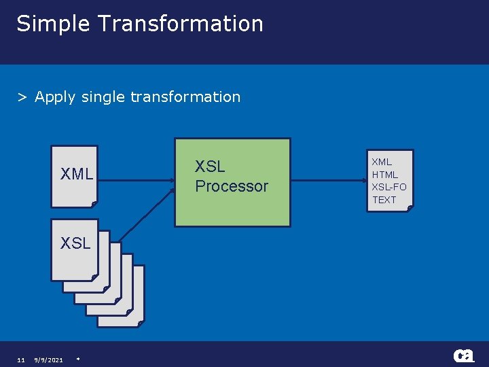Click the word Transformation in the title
coord(180,23)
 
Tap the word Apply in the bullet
coord(55,98)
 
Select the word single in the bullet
coord(103,98)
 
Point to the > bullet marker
coord(22,98)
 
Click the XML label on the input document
coord(77,174)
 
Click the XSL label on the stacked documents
coord(75,243)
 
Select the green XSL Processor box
coord(232,204)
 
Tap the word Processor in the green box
coord(232,186)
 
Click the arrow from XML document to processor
coord(136,181)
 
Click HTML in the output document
coord(385,175)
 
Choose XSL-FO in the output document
coord(389,187)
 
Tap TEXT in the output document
coord(384,200)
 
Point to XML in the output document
coord(382,162)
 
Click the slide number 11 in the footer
coord(21,360)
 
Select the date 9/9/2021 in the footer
coord(48,360)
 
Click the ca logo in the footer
coord(465,355)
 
